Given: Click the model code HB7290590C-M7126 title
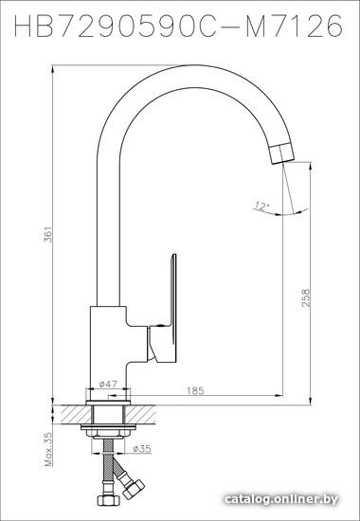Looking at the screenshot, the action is coord(178,26).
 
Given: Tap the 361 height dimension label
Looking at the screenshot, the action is coord(48,234).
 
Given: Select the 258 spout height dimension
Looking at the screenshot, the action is coord(306,297).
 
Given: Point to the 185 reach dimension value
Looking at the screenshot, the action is coord(195,390).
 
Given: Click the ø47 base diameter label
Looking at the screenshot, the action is coord(108,384).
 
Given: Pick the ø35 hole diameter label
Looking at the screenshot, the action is coord(142,449).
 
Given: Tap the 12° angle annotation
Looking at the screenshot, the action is coord(261,207).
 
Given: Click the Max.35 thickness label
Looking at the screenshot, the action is coord(48,449).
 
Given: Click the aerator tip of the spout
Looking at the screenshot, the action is coord(281,154).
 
